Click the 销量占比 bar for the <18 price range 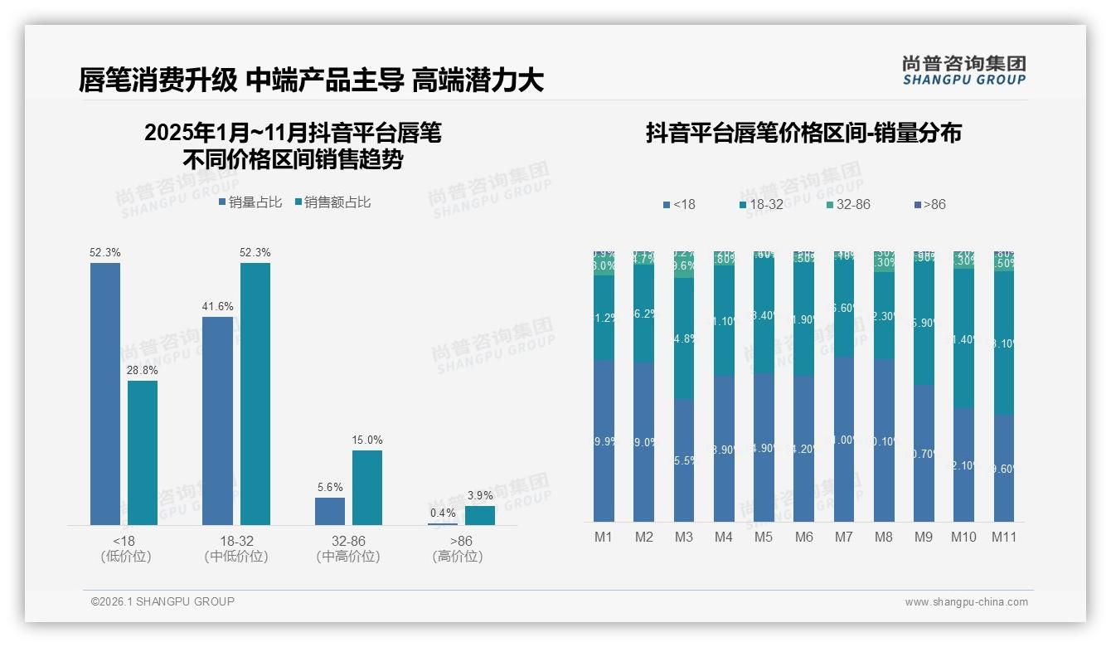click(x=105, y=394)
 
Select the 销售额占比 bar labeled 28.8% click(x=143, y=452)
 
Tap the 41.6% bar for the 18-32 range click(x=217, y=421)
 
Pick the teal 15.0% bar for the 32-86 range click(x=367, y=487)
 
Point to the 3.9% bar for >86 click(x=480, y=515)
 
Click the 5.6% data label click(x=330, y=487)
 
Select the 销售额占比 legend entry click(x=332, y=202)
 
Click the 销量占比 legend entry click(x=250, y=202)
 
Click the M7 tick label click(x=843, y=537)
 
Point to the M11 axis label click(x=1004, y=537)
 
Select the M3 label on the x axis click(x=683, y=537)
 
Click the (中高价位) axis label click(x=348, y=557)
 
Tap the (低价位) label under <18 click(x=125, y=557)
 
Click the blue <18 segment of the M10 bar click(x=963, y=465)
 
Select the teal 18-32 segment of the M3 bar click(x=684, y=338)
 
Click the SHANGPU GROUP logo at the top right click(x=963, y=70)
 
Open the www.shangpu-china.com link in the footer click(x=966, y=602)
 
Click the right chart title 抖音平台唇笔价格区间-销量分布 click(x=803, y=134)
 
